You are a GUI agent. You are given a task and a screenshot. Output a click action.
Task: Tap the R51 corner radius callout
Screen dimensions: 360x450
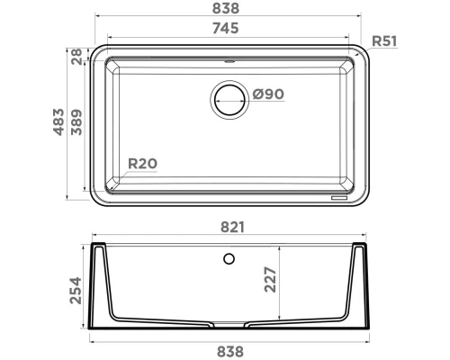point(386,40)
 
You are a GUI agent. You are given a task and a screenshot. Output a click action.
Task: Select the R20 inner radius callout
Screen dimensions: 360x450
point(142,164)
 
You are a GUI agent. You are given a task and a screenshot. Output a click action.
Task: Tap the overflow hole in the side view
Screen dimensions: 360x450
point(229,260)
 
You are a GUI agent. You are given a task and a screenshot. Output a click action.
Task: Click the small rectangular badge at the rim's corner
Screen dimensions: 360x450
point(341,193)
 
